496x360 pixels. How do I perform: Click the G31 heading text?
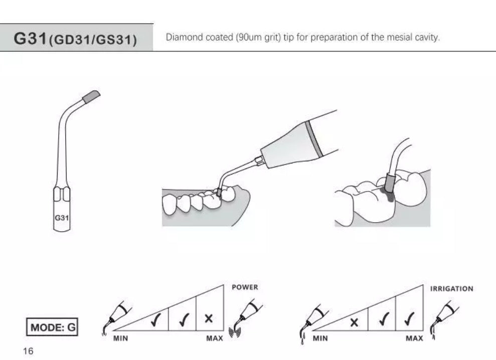[x=31, y=39]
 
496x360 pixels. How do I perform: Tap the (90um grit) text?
[x=257, y=38]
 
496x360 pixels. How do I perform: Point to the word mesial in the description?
[x=400, y=38]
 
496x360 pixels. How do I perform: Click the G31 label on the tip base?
[x=61, y=218]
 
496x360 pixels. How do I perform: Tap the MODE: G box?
[x=53, y=327]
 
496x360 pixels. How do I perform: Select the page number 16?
[x=28, y=351]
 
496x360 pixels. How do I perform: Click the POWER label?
[x=245, y=287]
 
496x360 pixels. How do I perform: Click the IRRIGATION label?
[x=451, y=289]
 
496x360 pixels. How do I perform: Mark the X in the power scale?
[x=209, y=318]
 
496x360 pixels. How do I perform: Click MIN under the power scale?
[x=120, y=338]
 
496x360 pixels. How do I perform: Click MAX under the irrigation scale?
[x=414, y=338]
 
